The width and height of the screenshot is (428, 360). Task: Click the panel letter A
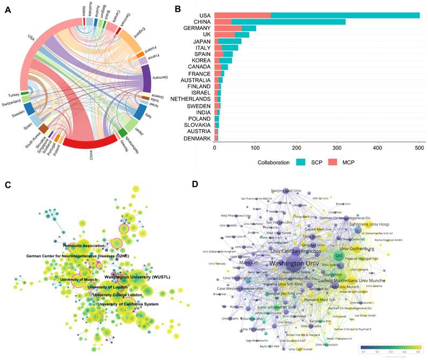[x=7, y=10]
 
